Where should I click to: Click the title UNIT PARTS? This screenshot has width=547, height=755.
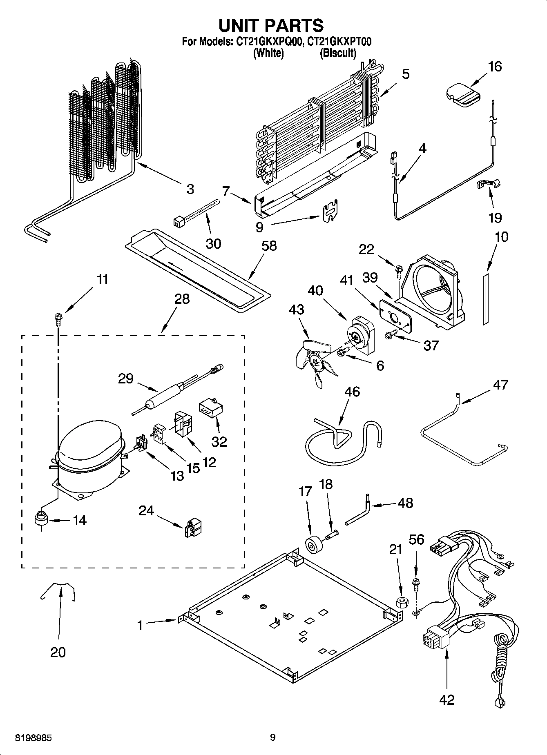271,25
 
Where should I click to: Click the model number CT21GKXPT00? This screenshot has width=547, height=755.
339,41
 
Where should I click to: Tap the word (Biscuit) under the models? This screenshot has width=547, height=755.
337,53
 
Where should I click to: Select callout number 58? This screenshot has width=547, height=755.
269,246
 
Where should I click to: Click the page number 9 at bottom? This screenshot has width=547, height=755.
273,737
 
